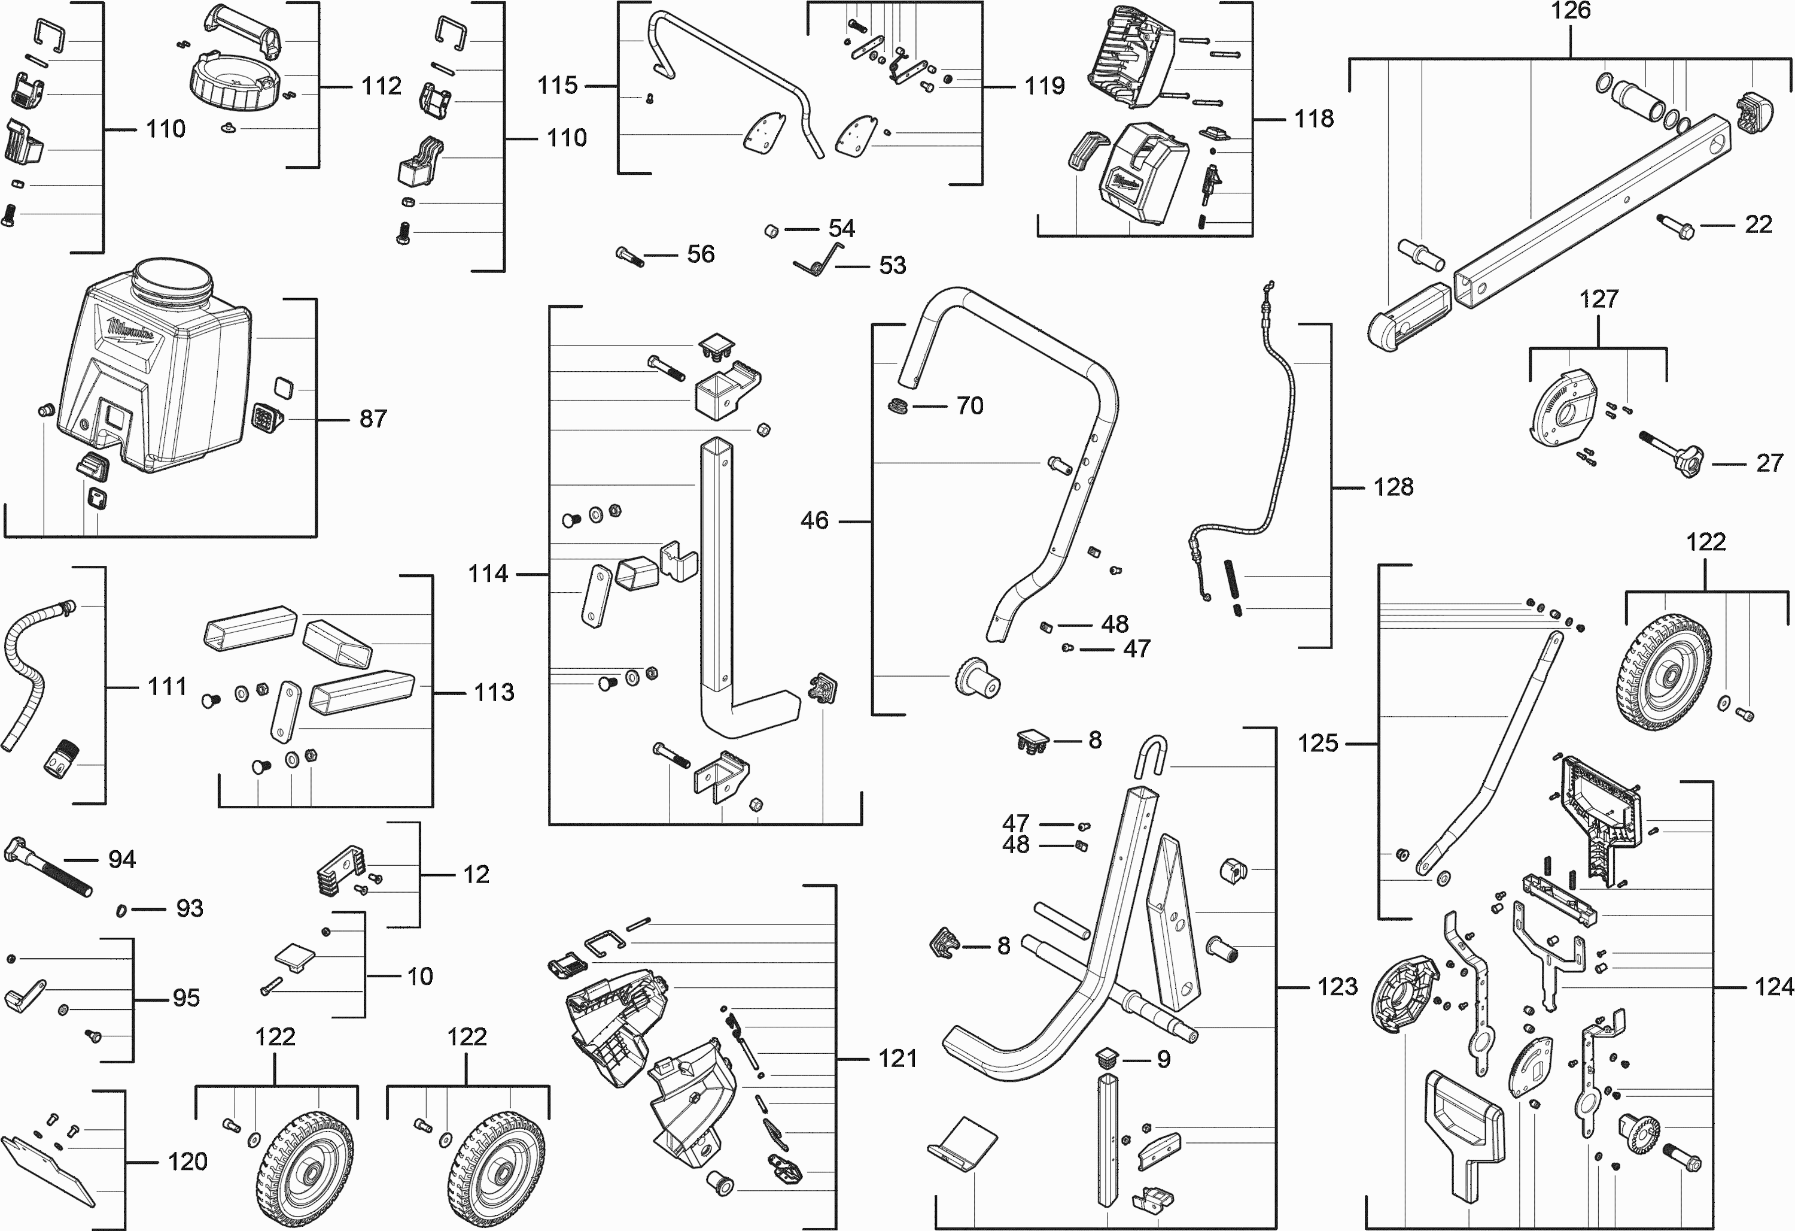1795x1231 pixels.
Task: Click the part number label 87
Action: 373,419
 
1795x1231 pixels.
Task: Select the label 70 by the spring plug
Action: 969,406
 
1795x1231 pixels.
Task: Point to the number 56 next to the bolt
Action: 701,254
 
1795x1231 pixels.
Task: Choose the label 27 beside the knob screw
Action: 1769,463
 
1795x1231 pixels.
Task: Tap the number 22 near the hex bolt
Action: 1759,225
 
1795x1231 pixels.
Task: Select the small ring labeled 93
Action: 122,910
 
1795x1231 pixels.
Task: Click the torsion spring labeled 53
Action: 819,260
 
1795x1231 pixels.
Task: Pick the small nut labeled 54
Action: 770,231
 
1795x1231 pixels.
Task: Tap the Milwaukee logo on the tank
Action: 131,333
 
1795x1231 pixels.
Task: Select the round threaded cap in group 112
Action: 232,85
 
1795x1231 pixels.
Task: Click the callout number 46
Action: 814,521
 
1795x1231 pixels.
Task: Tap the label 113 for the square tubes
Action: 494,692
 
